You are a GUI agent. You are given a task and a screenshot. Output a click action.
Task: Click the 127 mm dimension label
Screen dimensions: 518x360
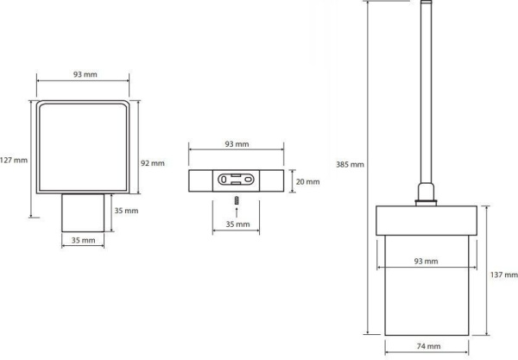pos(14,161)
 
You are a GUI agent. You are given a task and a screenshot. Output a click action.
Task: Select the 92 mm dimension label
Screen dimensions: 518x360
pos(153,163)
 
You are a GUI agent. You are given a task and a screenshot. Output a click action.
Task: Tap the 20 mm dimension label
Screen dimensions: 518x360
pos(308,181)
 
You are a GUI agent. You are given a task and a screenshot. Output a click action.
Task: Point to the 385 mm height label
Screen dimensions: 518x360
pos(350,164)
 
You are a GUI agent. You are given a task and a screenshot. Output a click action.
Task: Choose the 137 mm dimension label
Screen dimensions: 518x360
pos(504,275)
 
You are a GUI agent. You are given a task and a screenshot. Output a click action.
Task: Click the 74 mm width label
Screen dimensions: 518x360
pos(428,346)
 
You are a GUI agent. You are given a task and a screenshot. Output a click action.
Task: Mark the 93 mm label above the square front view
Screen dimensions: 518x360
pos(85,74)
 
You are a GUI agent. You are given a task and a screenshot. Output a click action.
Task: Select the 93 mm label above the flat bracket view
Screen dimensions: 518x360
pos(237,144)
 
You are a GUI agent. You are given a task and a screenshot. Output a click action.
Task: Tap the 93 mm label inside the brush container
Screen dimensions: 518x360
pos(426,262)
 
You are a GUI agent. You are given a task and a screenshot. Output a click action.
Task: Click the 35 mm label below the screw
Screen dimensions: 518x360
pos(238,224)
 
